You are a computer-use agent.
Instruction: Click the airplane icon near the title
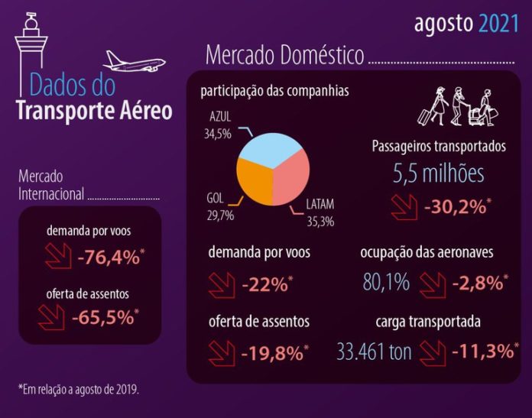[135, 61]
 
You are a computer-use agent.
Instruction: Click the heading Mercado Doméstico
[284, 55]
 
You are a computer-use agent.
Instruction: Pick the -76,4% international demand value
[109, 258]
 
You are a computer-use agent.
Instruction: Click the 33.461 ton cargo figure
[375, 352]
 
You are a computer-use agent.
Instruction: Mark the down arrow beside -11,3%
[433, 352]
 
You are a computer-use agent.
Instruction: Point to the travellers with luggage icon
[457, 107]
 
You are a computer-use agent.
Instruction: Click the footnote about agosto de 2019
[79, 390]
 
